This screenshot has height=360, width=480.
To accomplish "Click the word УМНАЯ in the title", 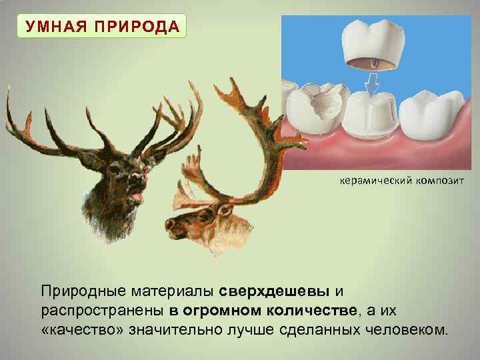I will click(54, 27).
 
